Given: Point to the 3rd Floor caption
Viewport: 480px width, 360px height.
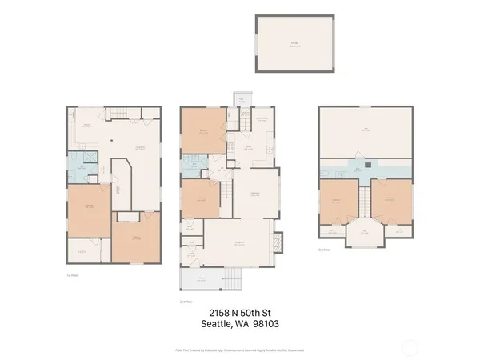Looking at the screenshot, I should click(324, 250).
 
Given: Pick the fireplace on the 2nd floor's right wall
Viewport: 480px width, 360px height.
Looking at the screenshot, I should click(278, 241).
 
